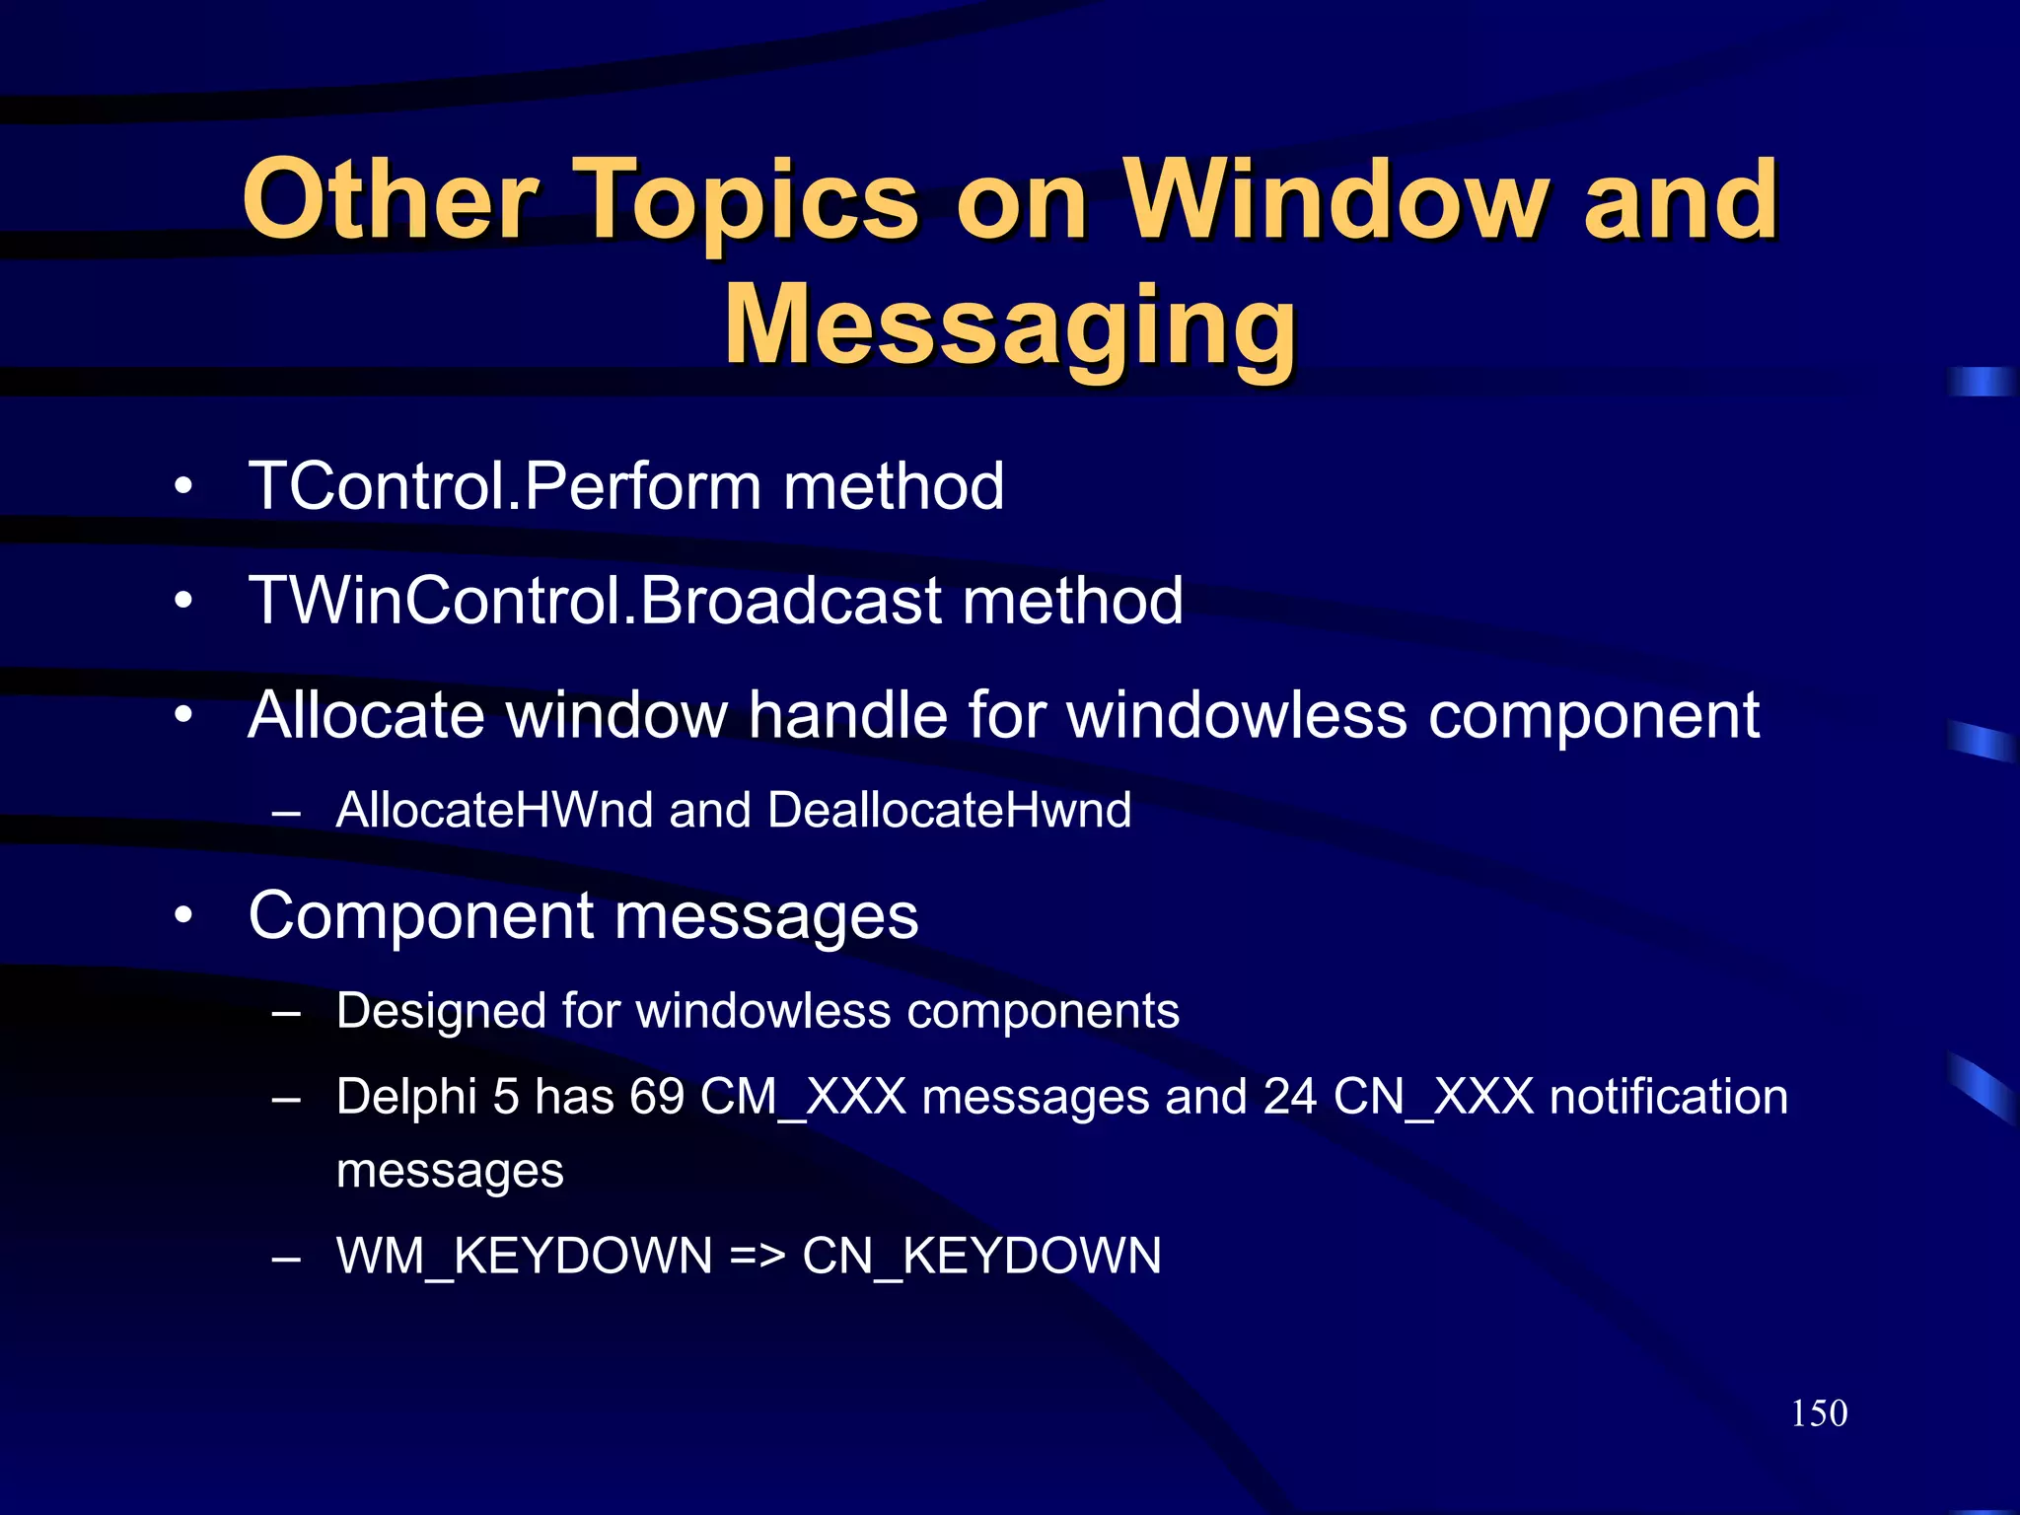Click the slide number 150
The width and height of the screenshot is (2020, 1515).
coord(1818,1412)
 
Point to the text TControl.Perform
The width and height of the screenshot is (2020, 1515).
coord(504,486)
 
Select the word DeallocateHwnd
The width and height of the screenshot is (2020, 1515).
coord(949,810)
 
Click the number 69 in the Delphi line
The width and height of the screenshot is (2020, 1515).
coord(657,1097)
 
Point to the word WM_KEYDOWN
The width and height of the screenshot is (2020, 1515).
coord(524,1257)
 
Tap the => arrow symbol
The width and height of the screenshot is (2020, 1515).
coord(757,1257)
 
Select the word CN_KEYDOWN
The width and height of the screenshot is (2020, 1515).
coord(981,1257)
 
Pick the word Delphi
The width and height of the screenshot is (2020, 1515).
coord(406,1097)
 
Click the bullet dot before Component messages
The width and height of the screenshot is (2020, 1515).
coord(183,916)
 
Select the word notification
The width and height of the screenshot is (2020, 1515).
coord(1668,1097)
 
